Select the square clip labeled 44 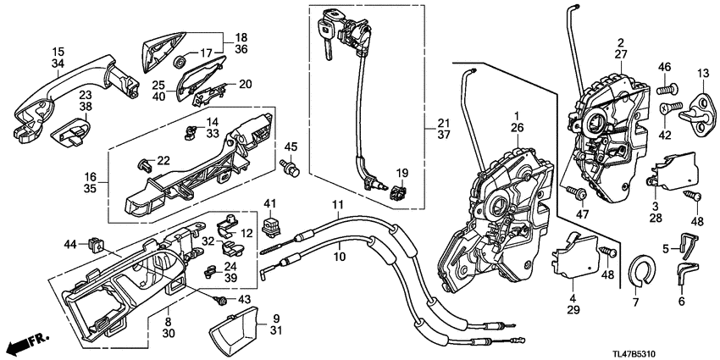coord(95,245)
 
